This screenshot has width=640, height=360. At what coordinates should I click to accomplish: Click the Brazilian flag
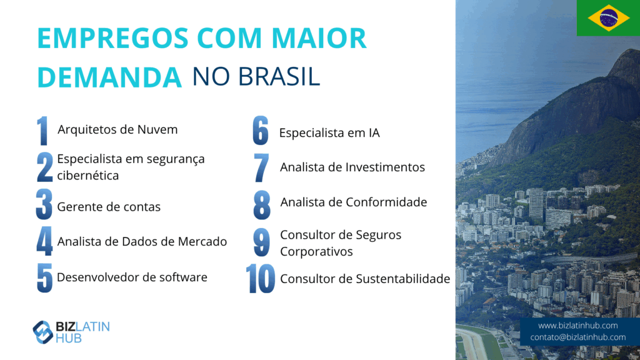pyautogui.click(x=608, y=18)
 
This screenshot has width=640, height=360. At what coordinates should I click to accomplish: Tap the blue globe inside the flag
pyautogui.click(x=609, y=18)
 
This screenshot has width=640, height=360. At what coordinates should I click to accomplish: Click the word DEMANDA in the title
pyautogui.click(x=109, y=77)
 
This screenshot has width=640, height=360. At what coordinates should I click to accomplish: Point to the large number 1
pyautogui.click(x=42, y=131)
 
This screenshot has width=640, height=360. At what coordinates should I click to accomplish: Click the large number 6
pyautogui.click(x=261, y=131)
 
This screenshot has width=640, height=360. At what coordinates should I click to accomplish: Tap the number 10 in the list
pyautogui.click(x=261, y=279)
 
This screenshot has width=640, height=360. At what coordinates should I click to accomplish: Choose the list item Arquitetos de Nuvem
pyautogui.click(x=117, y=129)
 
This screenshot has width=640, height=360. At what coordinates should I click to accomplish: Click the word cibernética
pyautogui.click(x=87, y=175)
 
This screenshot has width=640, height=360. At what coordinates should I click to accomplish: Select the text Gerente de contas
pyautogui.click(x=109, y=206)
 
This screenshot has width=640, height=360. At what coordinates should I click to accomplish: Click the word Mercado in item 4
pyautogui.click(x=202, y=241)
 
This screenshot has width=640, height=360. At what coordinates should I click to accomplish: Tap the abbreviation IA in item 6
pyautogui.click(x=374, y=132)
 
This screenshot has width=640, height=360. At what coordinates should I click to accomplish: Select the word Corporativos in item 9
pyautogui.click(x=316, y=251)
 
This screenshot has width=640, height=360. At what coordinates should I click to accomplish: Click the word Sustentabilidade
pyautogui.click(x=403, y=279)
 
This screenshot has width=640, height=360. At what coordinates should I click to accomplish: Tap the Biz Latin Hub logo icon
pyautogui.click(x=43, y=332)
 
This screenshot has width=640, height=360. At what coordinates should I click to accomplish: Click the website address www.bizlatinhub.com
pyautogui.click(x=577, y=325)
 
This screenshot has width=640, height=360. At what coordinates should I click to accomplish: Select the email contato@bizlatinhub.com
pyautogui.click(x=577, y=337)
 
